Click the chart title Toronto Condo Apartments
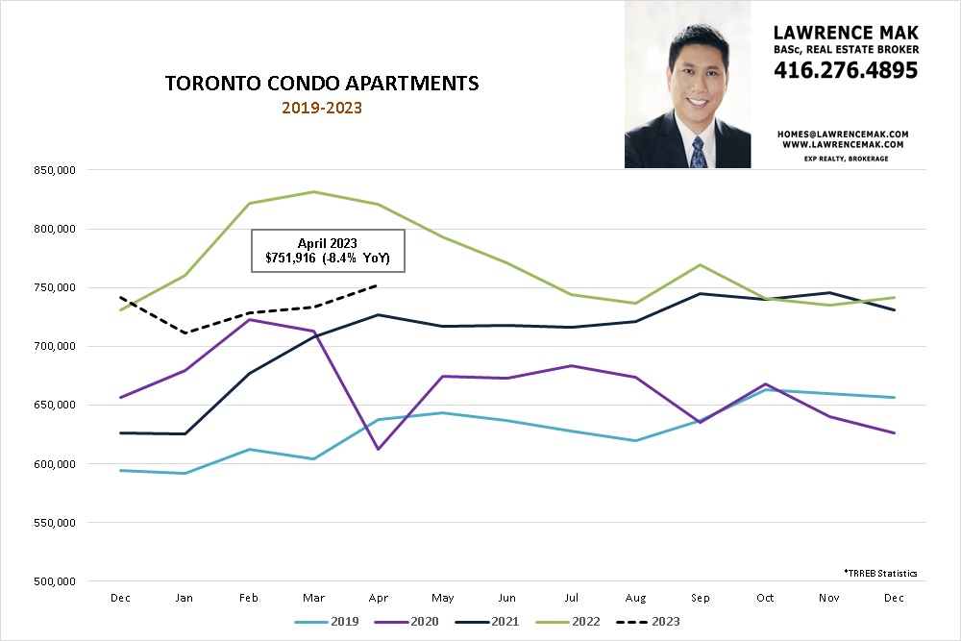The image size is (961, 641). click(322, 84)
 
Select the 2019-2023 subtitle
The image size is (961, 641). click(322, 108)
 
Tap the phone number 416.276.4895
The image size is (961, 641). click(846, 70)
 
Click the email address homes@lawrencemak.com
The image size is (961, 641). click(846, 134)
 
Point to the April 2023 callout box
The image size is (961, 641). click(328, 251)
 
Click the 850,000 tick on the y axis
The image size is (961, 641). click(54, 170)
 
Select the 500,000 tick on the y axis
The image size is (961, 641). click(54, 581)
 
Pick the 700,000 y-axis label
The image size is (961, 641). click(54, 346)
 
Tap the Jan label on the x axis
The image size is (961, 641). click(184, 597)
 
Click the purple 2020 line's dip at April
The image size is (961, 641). click(380, 449)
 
